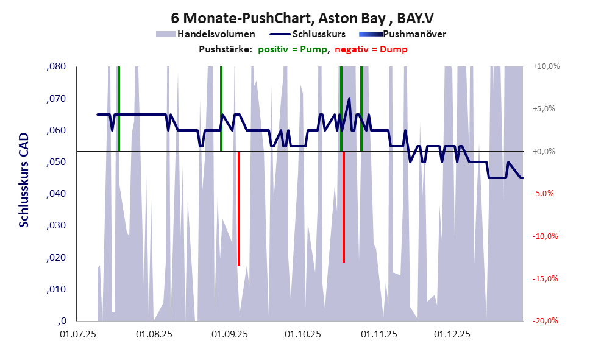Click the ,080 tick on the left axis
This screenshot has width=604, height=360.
(56, 66)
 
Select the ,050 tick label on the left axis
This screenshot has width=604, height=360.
(56, 162)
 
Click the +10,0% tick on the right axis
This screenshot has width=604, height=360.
(545, 66)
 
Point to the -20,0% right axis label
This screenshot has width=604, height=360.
(545, 321)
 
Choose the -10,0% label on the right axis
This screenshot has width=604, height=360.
(545, 236)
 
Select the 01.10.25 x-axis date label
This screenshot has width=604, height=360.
(303, 334)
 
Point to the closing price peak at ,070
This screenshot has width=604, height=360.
(349, 99)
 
